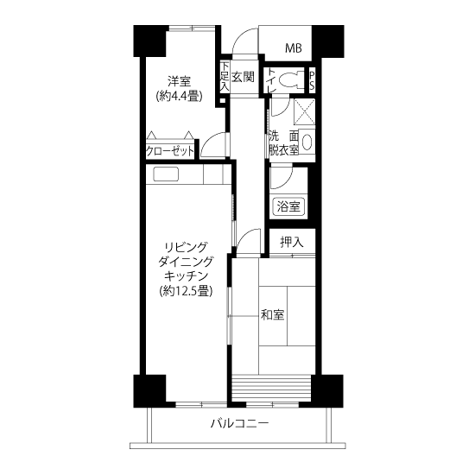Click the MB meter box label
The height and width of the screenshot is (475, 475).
(x=294, y=47)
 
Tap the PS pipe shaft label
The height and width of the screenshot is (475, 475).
(x=312, y=80)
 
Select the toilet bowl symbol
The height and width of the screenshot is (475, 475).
(x=291, y=80)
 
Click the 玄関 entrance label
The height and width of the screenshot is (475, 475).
(x=243, y=77)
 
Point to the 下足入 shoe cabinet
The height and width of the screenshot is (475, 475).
(x=225, y=76)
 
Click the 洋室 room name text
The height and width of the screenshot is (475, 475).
(x=179, y=82)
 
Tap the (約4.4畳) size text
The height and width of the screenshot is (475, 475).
(x=179, y=97)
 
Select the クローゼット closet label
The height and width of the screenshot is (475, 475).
(x=169, y=150)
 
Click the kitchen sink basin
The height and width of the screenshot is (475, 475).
(x=166, y=174)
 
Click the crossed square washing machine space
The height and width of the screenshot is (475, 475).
(x=305, y=111)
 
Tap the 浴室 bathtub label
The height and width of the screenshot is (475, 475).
(x=288, y=206)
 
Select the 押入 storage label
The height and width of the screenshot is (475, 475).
(x=291, y=242)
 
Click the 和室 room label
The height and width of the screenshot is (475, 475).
(x=272, y=314)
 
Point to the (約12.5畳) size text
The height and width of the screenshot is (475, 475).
(x=186, y=291)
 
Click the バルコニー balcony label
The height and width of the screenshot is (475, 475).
(x=239, y=423)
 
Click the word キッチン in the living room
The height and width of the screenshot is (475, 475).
(x=186, y=275)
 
